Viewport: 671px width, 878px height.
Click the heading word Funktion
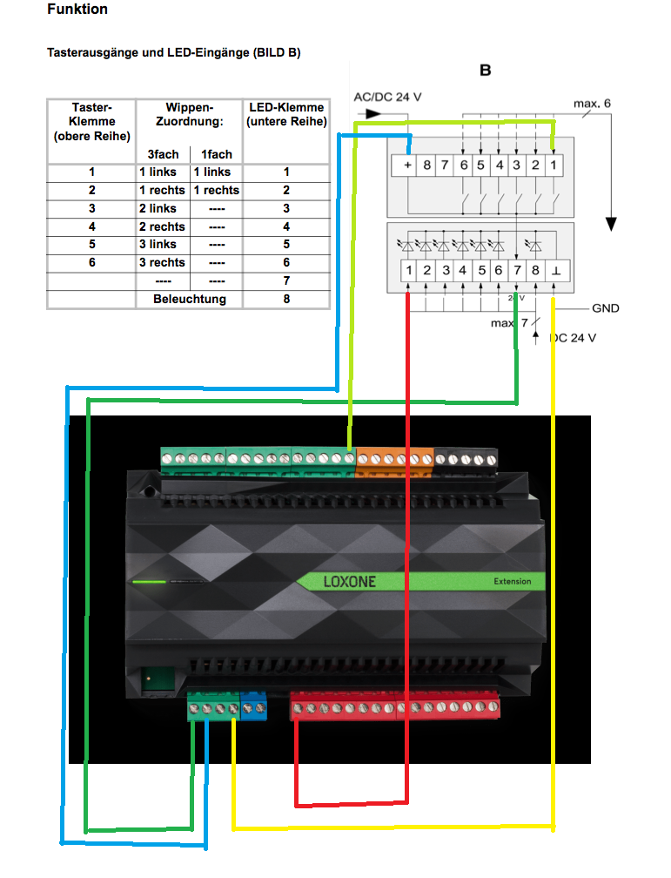point(77,9)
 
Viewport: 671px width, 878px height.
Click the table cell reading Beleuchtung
point(190,299)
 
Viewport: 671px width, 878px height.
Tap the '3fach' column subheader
point(163,154)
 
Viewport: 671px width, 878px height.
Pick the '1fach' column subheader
point(217,154)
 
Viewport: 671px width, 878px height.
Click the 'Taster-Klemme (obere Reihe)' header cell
point(91,122)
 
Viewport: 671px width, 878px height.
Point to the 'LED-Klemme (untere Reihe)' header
point(286,114)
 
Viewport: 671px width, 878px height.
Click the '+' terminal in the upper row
point(407,165)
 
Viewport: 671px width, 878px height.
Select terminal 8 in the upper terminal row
point(427,165)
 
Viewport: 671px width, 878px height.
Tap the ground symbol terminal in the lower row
point(556,271)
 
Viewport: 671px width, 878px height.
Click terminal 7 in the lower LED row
point(517,271)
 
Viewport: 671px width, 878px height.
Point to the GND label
point(606,308)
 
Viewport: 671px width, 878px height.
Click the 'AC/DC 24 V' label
point(387,98)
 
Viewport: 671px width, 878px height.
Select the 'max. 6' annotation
point(592,104)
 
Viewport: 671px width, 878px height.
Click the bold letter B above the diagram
point(486,71)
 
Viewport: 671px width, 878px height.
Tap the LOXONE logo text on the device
point(350,582)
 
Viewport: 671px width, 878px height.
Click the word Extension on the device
point(512,581)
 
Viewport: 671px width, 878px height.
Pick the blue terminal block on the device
point(253,706)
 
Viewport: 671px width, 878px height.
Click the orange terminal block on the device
point(394,460)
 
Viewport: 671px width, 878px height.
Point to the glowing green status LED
point(149,582)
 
